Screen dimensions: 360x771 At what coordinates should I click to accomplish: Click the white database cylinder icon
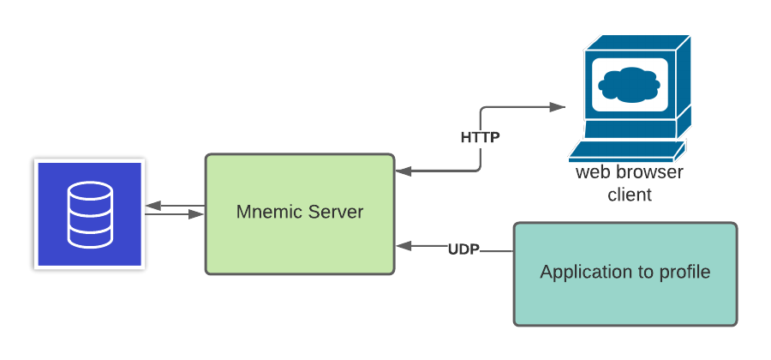coord(90,213)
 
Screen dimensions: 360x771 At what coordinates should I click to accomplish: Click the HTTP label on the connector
coord(480,137)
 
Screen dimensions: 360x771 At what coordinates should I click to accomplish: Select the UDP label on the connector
coord(463,249)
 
